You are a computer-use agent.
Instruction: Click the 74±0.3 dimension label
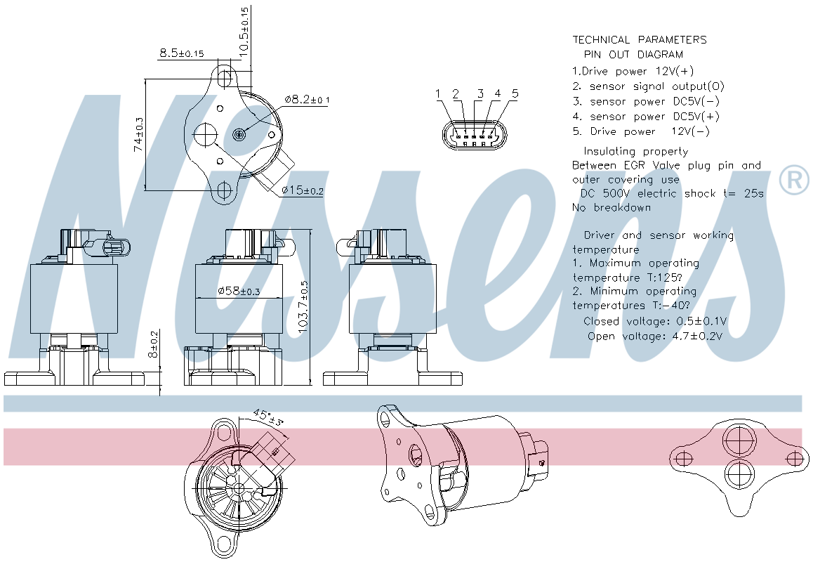pos(138,134)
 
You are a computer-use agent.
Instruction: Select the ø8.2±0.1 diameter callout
pos(307,99)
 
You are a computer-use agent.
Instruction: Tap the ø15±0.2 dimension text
pos(303,190)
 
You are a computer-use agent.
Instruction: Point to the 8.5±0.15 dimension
pos(181,53)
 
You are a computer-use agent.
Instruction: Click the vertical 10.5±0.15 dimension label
pos(244,30)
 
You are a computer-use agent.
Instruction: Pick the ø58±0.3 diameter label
pos(239,291)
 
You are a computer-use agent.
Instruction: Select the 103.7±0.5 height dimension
pos(303,307)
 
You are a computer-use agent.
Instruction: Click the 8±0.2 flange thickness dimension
pos(153,344)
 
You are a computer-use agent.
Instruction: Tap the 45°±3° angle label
pos(269,418)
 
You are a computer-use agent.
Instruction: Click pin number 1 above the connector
pos(438,94)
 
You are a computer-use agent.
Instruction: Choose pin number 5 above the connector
pos(515,94)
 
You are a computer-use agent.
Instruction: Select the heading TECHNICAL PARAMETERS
pos(640,39)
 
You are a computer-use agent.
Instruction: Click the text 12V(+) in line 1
pos(675,70)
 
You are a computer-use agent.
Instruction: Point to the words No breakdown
pos(612,207)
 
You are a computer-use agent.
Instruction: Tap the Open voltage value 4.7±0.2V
pos(697,336)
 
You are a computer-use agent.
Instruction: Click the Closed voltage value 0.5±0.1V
pos(703,322)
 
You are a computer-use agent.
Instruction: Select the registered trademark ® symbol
pos(794,180)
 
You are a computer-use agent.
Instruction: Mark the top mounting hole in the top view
pos(225,78)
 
